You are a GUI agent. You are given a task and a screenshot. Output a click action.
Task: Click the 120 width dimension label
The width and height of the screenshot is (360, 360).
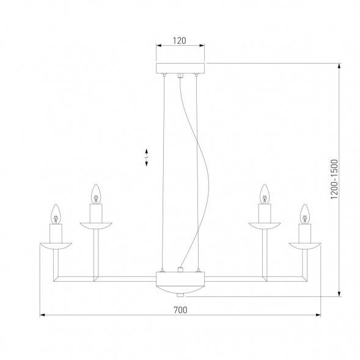point(179,42)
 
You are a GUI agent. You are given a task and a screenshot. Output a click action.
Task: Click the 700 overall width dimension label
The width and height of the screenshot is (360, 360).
point(180,310)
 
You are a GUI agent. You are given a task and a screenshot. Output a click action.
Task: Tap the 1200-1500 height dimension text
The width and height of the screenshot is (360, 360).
point(334,180)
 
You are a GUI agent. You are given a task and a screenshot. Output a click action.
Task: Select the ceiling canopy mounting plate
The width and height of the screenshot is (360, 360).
point(181,68)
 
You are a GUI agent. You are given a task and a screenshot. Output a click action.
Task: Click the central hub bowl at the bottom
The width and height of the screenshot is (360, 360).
point(180,282)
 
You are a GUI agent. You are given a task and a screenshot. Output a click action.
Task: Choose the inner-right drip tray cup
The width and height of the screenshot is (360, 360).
point(265,226)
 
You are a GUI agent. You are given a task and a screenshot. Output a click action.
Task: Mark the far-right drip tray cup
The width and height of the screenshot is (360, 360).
point(304,246)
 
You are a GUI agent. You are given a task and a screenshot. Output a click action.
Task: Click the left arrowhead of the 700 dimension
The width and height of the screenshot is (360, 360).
point(42,315)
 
